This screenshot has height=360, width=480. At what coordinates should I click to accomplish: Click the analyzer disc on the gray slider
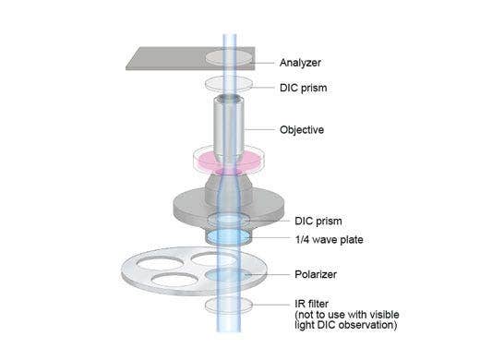pos(227,57)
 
